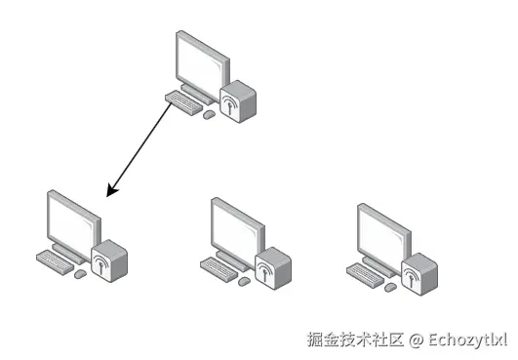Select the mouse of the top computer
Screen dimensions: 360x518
point(209,114)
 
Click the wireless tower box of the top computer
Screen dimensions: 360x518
point(236,101)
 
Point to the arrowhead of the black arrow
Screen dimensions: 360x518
point(110,191)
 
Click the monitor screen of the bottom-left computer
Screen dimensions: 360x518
point(71,221)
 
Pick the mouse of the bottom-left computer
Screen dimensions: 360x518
point(80,273)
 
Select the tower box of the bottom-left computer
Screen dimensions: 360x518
point(108,260)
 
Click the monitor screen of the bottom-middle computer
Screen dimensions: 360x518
point(235,228)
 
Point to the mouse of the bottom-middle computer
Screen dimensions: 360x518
point(244,280)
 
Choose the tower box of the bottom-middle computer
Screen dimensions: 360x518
point(272,266)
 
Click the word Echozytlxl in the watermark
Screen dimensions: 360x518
point(468,340)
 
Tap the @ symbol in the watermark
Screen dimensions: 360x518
point(417,340)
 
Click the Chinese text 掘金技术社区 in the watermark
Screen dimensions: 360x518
point(355,340)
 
